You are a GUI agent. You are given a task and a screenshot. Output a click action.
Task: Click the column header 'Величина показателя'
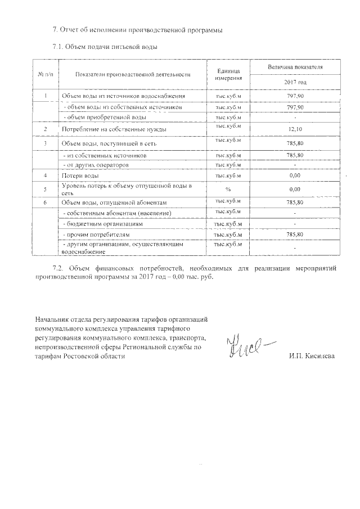coord(295,67)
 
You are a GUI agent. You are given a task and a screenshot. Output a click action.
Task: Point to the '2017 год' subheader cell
coord(295,82)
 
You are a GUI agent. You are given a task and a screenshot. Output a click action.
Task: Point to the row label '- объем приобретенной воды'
coord(98,117)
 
